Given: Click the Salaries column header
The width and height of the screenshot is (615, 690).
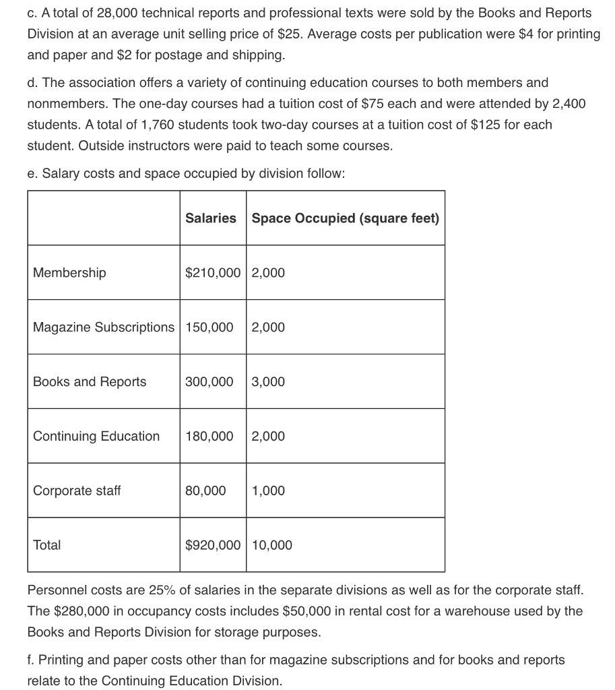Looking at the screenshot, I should coord(211,218).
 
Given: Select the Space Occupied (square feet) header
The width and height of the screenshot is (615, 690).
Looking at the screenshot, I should coord(345,218).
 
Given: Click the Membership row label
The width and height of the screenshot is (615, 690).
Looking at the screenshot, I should coord(69,273).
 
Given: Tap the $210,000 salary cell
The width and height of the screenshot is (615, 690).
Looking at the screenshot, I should coord(213,273).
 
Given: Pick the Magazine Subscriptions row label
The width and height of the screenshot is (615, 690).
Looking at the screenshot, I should coord(103,327).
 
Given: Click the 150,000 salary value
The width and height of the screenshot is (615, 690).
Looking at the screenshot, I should coord(209,327).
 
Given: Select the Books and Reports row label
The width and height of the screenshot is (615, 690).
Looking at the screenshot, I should coord(90,382).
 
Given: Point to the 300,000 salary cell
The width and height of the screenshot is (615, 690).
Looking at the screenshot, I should coord(209,382).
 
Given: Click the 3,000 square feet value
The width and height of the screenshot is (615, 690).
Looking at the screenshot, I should coord(268,382).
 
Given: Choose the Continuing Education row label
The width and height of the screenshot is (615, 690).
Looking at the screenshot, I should coord(96,437).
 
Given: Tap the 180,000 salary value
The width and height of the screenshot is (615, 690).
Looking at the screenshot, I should coord(209,437).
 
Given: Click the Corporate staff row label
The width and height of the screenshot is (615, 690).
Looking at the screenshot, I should coord(77,491).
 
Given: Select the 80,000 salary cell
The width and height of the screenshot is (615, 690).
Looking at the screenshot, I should coord(206,491).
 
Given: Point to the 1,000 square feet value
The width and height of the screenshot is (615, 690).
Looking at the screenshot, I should coord(268,491).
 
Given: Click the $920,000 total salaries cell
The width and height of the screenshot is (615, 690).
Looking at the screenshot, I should coord(213,545).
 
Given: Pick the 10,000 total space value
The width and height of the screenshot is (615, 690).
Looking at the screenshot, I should coord(272,545).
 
